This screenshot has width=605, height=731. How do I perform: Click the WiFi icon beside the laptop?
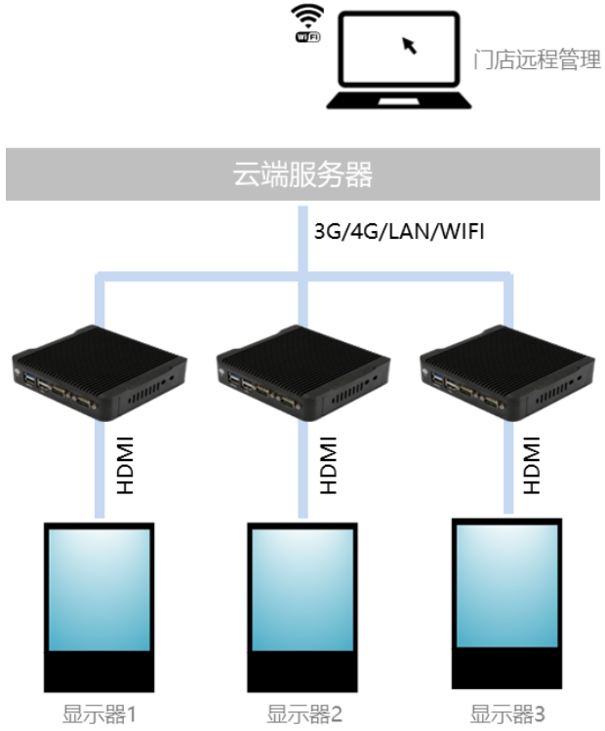click(x=308, y=22)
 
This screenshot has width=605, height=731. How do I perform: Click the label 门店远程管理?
click(x=536, y=60)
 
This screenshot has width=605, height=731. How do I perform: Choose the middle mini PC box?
click(x=300, y=371)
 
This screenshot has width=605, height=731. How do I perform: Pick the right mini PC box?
click(x=504, y=371)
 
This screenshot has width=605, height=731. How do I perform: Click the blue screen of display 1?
click(x=98, y=590)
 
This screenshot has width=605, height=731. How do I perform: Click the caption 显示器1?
click(x=98, y=715)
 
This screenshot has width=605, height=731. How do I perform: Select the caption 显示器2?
click(x=304, y=715)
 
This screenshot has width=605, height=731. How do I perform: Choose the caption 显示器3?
click(x=507, y=715)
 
